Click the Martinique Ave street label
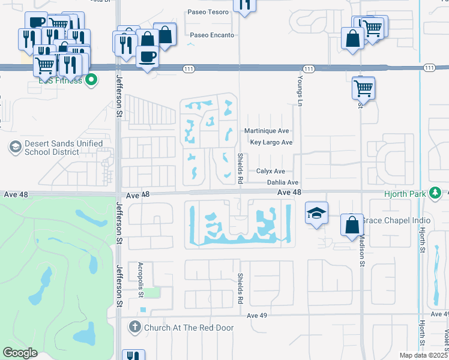click(x=267, y=131)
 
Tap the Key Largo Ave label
click(x=271, y=142)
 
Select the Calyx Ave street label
click(x=270, y=171)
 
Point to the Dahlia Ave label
click(x=282, y=182)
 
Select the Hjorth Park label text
click(x=405, y=193)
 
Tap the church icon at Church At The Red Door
click(x=134, y=327)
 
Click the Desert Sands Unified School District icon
click(x=16, y=146)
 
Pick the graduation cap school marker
click(x=316, y=213)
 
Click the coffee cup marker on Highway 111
click(x=147, y=56)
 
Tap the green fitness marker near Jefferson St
click(x=91, y=79)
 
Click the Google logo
click(x=20, y=353)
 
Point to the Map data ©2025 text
click(x=423, y=355)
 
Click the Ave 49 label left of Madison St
click(x=256, y=315)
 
